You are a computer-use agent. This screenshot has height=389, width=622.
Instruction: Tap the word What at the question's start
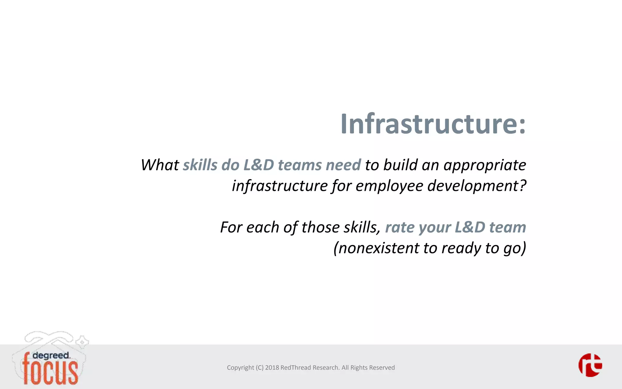(x=160, y=165)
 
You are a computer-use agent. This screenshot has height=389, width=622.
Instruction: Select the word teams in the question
(x=299, y=165)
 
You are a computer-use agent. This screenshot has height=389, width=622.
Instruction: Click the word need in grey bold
(x=343, y=165)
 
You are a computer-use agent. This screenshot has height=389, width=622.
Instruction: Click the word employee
(x=389, y=186)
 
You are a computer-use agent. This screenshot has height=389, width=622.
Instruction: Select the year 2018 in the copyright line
(x=272, y=368)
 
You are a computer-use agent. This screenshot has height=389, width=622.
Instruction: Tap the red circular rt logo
(x=590, y=365)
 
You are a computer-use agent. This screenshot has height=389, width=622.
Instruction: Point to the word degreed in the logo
(x=51, y=356)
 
